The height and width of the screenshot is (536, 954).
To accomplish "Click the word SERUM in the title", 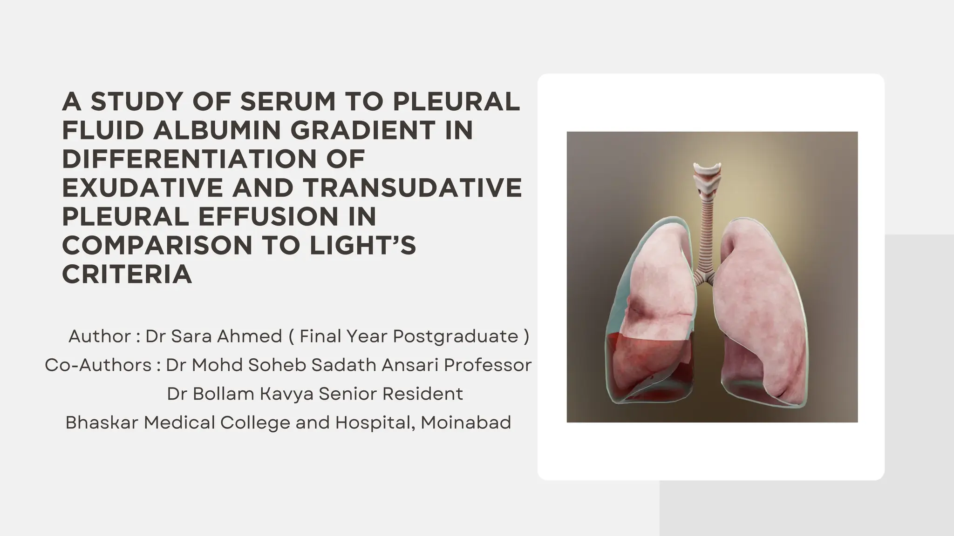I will (287, 101).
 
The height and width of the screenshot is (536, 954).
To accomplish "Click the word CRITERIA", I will (127, 275).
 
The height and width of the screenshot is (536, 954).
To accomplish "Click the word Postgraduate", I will (456, 336).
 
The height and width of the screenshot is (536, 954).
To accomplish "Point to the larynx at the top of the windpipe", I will (707, 177).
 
